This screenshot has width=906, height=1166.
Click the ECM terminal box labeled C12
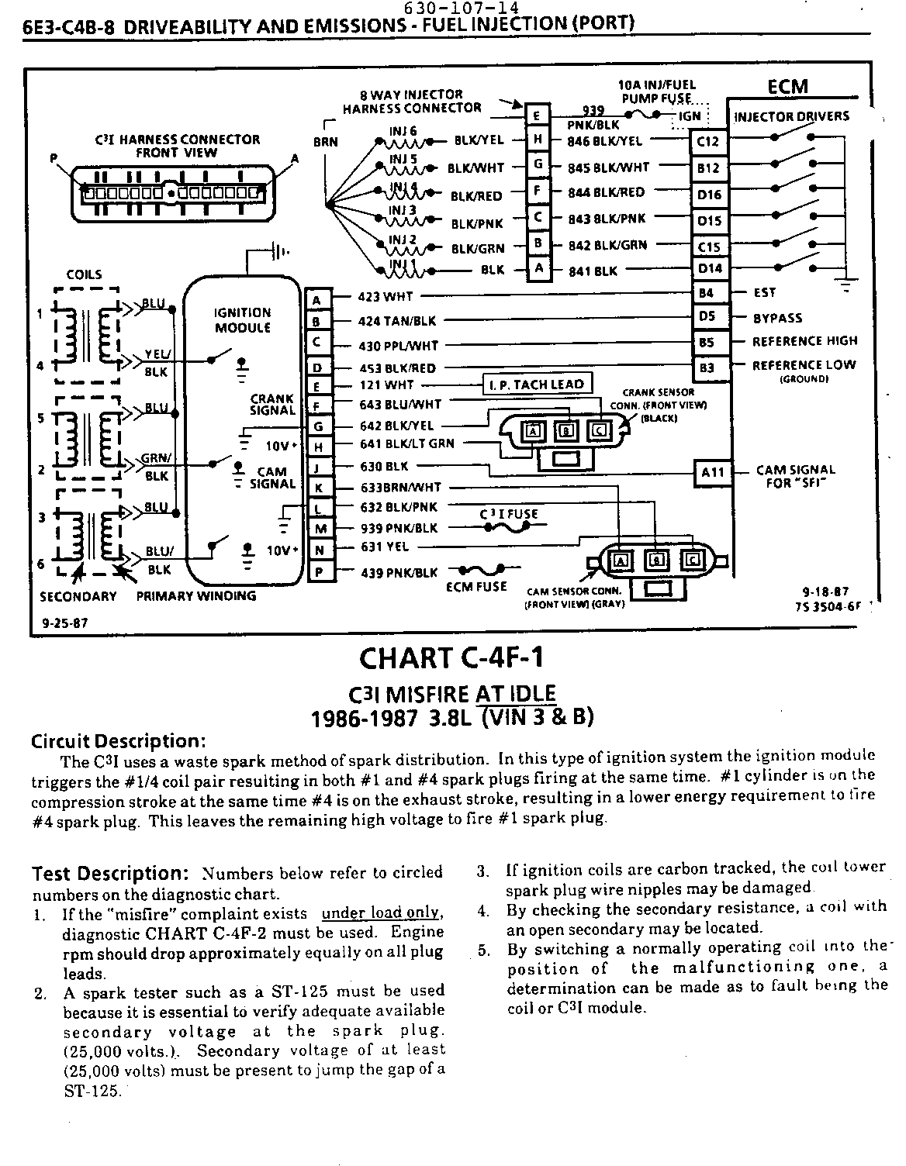point(709,142)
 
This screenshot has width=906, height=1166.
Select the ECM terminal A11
point(712,472)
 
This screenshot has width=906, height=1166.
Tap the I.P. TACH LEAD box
point(538,385)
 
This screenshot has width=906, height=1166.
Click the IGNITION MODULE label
point(242,319)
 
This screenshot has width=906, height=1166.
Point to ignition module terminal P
point(319,573)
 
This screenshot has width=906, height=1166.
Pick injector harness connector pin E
point(538,116)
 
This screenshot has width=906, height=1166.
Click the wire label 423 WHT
point(386,296)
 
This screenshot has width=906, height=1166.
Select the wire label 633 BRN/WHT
point(400,488)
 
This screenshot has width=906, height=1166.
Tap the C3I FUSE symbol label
point(508,514)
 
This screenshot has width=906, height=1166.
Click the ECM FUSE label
point(476,587)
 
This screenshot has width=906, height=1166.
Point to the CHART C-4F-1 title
point(451,658)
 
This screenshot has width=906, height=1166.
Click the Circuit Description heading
point(118,740)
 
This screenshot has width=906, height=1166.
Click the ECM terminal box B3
point(707,367)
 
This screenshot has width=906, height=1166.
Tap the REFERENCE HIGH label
point(804,341)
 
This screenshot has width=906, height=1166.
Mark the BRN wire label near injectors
point(326,142)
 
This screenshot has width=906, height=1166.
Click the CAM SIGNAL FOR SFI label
point(795,476)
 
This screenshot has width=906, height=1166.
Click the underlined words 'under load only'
point(382,913)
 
